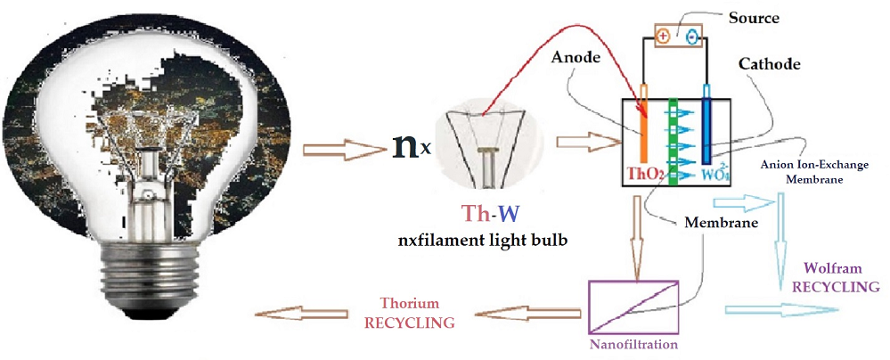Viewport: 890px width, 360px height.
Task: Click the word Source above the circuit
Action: (754, 18)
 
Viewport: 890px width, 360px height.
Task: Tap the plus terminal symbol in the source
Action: (662, 37)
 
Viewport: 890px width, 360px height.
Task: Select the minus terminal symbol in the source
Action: (690, 37)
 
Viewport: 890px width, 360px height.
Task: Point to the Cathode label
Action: (769, 64)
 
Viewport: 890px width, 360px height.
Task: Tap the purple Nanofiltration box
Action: (633, 307)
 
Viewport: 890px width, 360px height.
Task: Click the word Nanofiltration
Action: (633, 343)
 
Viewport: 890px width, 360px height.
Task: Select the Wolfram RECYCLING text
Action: (841, 277)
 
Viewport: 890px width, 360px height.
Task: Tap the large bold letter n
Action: (405, 145)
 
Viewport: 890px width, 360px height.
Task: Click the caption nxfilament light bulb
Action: (484, 241)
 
